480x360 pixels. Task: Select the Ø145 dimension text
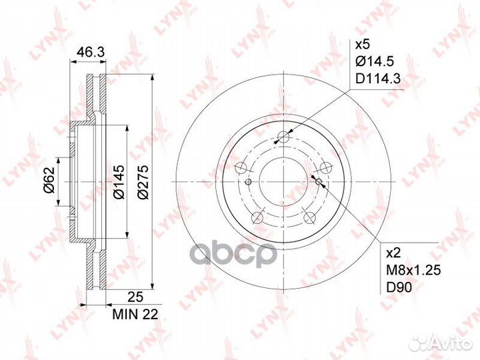tap(119, 182)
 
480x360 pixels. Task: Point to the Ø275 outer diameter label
tap(143, 182)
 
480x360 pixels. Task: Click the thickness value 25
tap(135, 297)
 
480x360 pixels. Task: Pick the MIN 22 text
tap(135, 315)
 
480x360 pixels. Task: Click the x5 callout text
tap(363, 45)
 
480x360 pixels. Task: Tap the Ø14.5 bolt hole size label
tap(375, 62)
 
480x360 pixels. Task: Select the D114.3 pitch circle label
tap(378, 79)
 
